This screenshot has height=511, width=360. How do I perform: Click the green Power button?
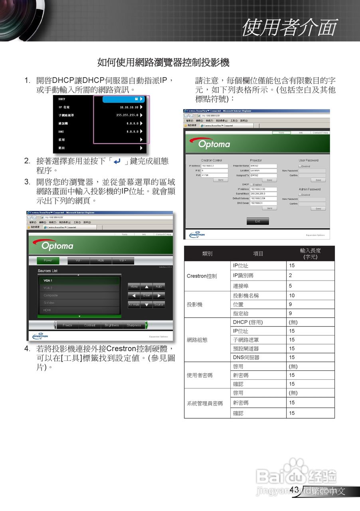point(48,261)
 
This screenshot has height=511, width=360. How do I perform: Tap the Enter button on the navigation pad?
point(146,296)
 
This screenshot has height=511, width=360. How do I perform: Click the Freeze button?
point(67,325)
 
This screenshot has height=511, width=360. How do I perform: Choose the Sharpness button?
point(134,325)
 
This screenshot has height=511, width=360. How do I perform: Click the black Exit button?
point(257,221)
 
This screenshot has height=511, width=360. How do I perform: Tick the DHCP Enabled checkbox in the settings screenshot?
point(251,185)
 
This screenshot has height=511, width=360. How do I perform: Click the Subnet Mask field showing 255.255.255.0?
point(263,194)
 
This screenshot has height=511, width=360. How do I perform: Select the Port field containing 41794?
point(214,175)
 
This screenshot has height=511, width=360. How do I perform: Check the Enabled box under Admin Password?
point(300,195)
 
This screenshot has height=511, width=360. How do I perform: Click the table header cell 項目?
point(258,254)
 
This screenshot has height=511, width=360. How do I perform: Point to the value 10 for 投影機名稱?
point(292,296)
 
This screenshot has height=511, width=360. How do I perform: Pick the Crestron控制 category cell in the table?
point(202,276)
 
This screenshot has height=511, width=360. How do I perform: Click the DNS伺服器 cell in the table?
point(246,357)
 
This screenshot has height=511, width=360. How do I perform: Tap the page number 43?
point(294,490)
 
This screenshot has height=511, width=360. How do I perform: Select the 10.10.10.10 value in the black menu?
point(129,107)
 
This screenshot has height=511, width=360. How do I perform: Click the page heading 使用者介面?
point(289,27)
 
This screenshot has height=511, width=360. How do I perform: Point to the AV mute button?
point(134,305)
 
